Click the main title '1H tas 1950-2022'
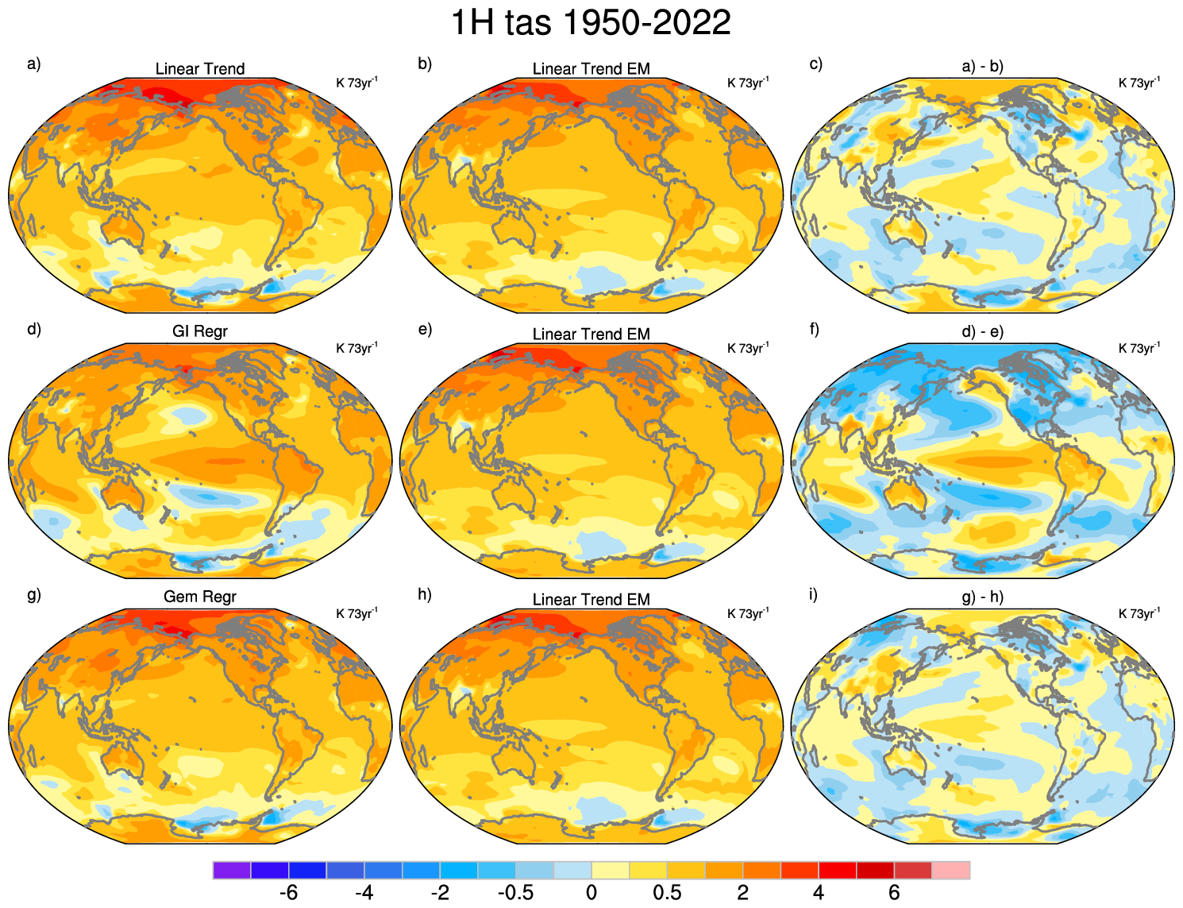(x=591, y=22)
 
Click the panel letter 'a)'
(x=33, y=64)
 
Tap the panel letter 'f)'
(x=815, y=330)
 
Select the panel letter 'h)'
(x=425, y=595)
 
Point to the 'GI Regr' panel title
(x=200, y=331)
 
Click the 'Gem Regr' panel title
(x=200, y=597)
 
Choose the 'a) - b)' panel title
(x=982, y=67)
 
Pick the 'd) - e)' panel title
(x=982, y=332)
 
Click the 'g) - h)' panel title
(x=982, y=597)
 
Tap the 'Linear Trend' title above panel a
(x=200, y=69)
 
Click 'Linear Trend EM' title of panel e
(x=591, y=334)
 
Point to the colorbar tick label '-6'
(x=289, y=893)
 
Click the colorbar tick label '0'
(x=591, y=893)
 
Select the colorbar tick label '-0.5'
(x=515, y=893)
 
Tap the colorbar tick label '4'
(x=819, y=893)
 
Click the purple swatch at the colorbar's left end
(x=232, y=870)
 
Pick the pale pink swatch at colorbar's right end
(x=950, y=870)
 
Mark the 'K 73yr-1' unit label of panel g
(x=356, y=613)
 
